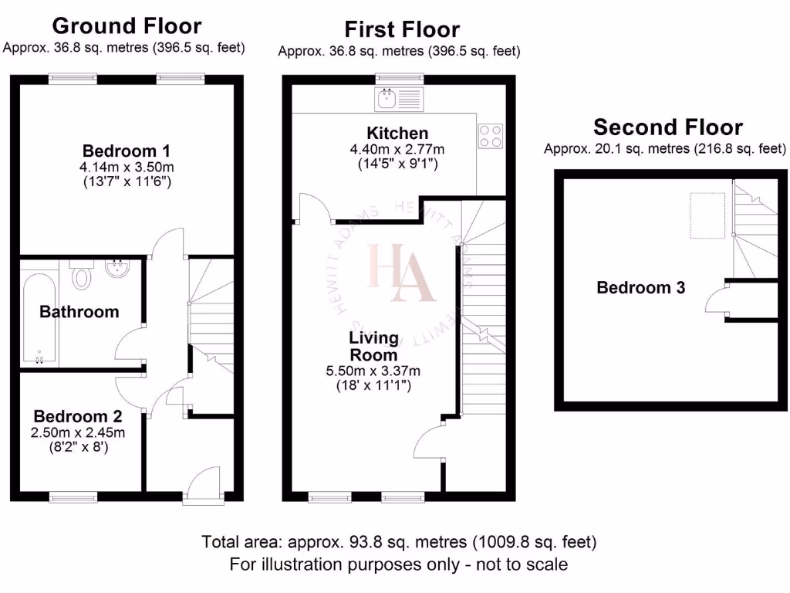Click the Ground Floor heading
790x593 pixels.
coord(127,25)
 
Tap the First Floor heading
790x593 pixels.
coord(401,29)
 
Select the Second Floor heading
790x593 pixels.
coord(668,127)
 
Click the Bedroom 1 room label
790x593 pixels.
coord(127,150)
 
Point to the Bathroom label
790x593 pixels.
coord(79,312)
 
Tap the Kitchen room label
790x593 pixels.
coord(397,133)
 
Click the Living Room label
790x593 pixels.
coord(373,346)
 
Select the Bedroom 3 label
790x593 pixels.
coord(641,288)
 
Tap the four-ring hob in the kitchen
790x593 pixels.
coord(490,136)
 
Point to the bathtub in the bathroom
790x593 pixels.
coord(36,317)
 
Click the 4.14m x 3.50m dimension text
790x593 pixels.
coord(127,167)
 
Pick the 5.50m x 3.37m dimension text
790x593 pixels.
coord(373,371)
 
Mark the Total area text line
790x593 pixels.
coord(398,541)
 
